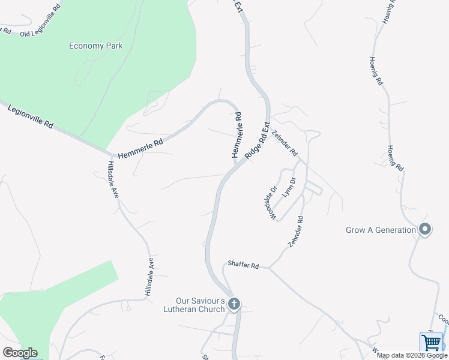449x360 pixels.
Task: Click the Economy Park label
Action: (x=96, y=46)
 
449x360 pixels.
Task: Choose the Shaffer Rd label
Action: (x=243, y=265)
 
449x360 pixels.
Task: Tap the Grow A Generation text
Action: (x=381, y=230)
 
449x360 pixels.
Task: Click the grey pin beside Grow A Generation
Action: (x=425, y=229)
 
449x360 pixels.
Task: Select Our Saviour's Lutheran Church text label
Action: (x=200, y=305)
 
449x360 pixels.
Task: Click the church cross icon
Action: (x=234, y=305)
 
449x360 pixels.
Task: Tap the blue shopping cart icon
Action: (x=431, y=343)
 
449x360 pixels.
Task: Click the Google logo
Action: (x=20, y=353)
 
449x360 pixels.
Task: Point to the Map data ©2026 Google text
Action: (x=412, y=355)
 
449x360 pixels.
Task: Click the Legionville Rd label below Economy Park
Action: (x=31, y=116)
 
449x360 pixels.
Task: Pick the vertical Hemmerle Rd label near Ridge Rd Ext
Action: (x=237, y=136)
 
